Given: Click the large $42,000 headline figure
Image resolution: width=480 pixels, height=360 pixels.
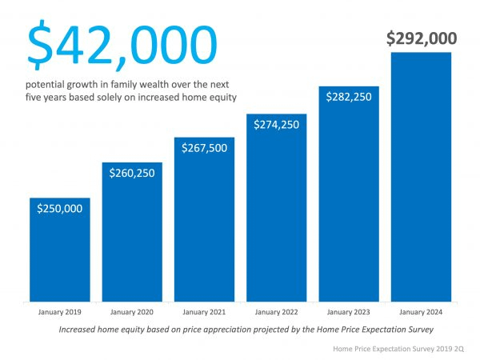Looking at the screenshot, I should [x=122, y=45].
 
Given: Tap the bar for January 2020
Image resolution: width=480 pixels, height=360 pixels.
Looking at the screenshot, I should [x=132, y=240].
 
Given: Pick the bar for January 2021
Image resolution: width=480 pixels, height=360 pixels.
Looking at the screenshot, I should [x=204, y=232].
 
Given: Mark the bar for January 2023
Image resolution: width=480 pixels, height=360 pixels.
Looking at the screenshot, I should [x=349, y=208].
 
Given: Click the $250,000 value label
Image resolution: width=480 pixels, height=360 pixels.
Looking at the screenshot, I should [x=59, y=208].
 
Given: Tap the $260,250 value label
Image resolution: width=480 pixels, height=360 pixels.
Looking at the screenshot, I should [x=132, y=173].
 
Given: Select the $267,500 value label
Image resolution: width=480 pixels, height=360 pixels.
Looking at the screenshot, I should [x=204, y=147].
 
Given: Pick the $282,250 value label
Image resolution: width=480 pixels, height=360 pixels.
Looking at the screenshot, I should [x=349, y=96].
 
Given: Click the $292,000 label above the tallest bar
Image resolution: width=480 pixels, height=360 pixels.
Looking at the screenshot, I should [x=421, y=38].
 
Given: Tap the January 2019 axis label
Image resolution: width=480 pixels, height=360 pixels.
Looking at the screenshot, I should [x=59, y=310].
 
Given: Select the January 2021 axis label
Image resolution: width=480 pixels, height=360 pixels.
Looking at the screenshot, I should [x=204, y=310].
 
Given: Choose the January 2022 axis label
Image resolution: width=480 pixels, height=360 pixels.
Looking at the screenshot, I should [x=276, y=310].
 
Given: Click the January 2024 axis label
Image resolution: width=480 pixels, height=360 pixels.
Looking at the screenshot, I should [x=421, y=310].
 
